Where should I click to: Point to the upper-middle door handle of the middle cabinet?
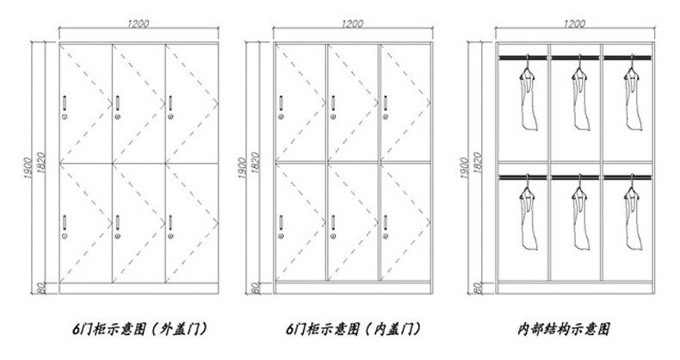331,106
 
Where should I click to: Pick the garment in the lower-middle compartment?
578,215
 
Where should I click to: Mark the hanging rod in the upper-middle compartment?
576,58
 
